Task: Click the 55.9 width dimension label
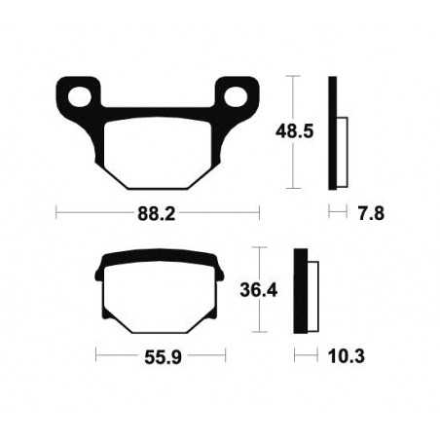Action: click(157, 358)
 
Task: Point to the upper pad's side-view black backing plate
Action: click(334, 131)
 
